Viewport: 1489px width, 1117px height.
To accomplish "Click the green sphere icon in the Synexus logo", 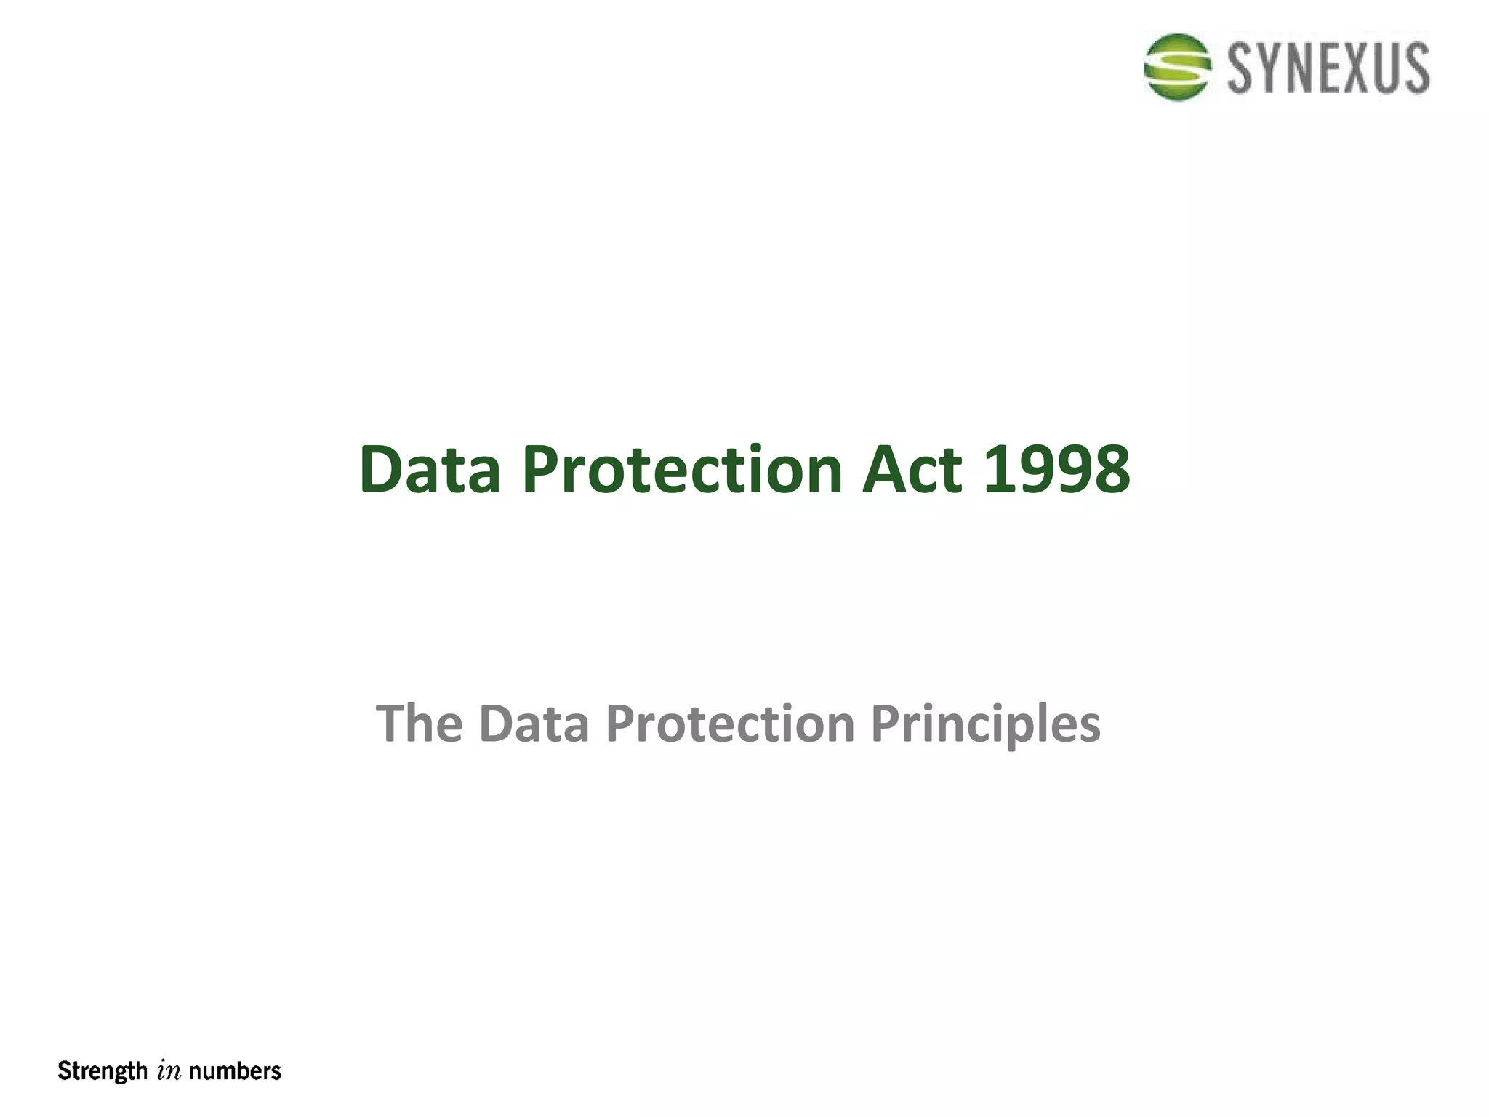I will (1177, 67).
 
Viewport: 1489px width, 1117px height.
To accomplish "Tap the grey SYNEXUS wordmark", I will (1328, 68).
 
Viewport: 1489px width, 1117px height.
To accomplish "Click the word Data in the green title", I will (430, 470).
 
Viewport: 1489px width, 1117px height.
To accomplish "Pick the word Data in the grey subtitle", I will (534, 724).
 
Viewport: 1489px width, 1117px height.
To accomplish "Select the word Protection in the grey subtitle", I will (730, 724).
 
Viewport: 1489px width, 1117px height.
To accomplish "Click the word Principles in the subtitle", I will (985, 724).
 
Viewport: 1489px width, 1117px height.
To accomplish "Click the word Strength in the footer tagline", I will (103, 1071).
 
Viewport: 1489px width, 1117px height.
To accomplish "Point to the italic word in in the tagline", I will (169, 1072).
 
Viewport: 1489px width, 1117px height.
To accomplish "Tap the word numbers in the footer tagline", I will (235, 1071).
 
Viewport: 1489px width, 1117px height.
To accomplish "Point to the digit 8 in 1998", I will (1110, 470).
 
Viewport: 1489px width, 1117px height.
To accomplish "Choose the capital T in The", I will (393, 724).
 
